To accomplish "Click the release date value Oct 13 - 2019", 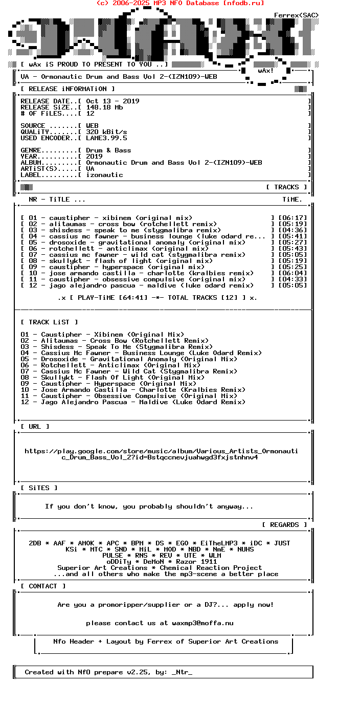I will click(x=112, y=101).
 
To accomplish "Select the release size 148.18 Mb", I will click(x=104, y=107).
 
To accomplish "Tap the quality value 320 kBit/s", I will click(x=106, y=132).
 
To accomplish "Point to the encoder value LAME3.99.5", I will click(x=106, y=138).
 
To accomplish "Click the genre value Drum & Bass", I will click(x=108, y=150).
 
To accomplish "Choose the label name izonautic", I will click(x=104, y=175).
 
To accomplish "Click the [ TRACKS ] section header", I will click(x=286, y=187).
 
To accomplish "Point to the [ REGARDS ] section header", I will click(x=284, y=525).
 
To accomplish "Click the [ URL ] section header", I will click(x=35, y=427).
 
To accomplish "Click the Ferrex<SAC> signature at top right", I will click(x=297, y=15).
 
